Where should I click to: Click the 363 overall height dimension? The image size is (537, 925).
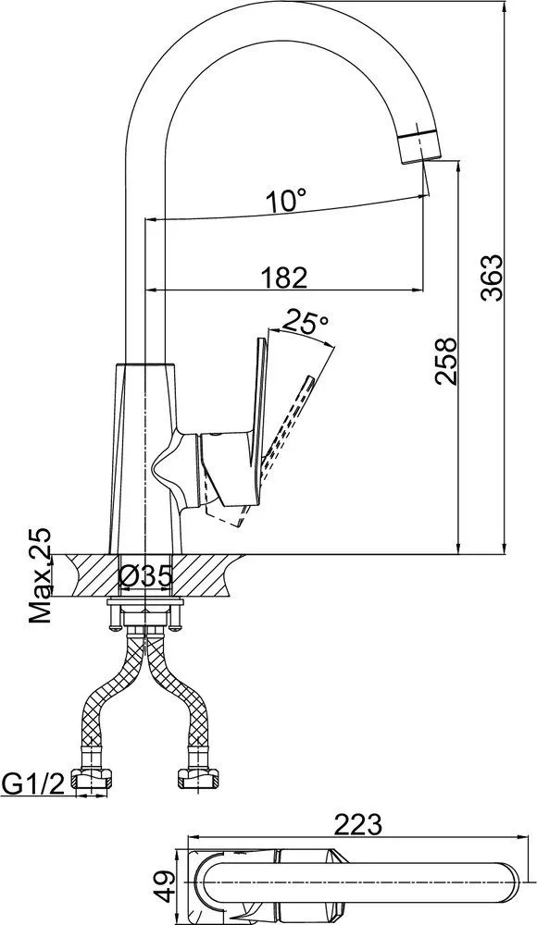[x=492, y=277]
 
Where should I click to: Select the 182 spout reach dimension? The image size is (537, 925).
[x=283, y=277]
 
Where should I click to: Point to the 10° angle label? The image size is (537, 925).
[x=286, y=202]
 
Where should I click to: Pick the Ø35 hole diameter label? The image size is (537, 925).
[x=145, y=575]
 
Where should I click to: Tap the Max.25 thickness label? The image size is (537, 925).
[x=40, y=576]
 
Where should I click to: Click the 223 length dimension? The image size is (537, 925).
[x=358, y=824]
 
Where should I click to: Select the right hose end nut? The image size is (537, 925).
[x=199, y=780]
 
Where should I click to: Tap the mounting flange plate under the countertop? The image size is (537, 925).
[x=145, y=603]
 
